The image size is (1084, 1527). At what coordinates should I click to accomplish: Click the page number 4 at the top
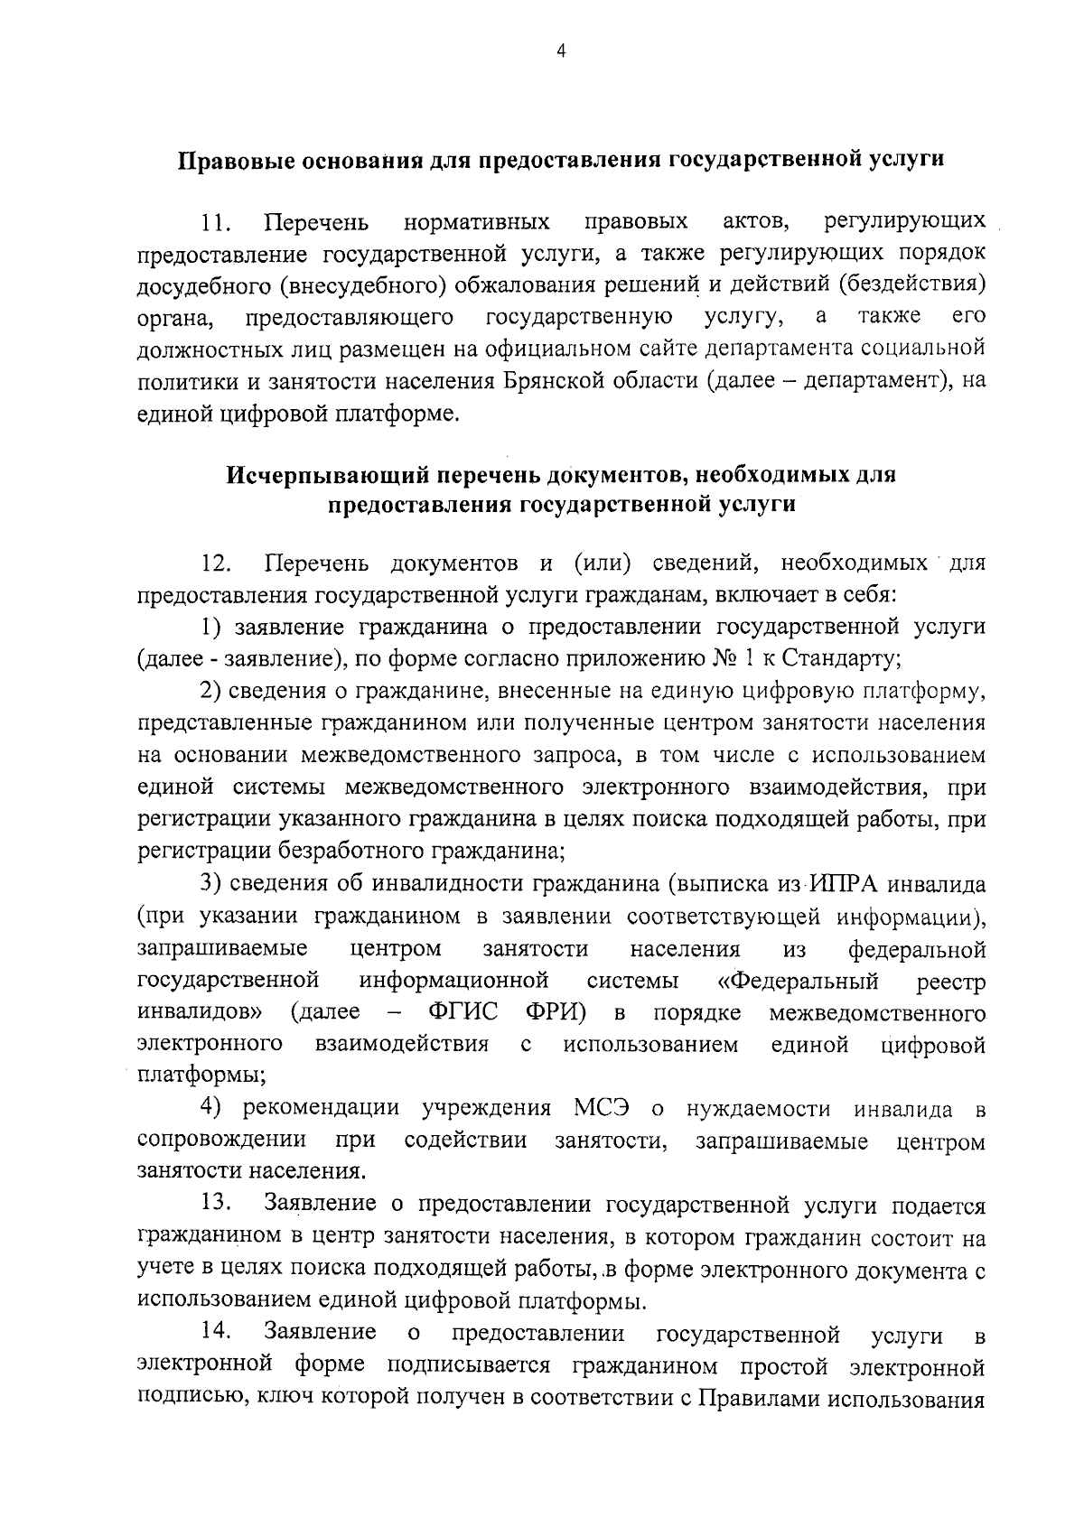pyautogui.click(x=561, y=52)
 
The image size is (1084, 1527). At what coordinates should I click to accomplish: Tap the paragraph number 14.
pyautogui.click(x=217, y=1332)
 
